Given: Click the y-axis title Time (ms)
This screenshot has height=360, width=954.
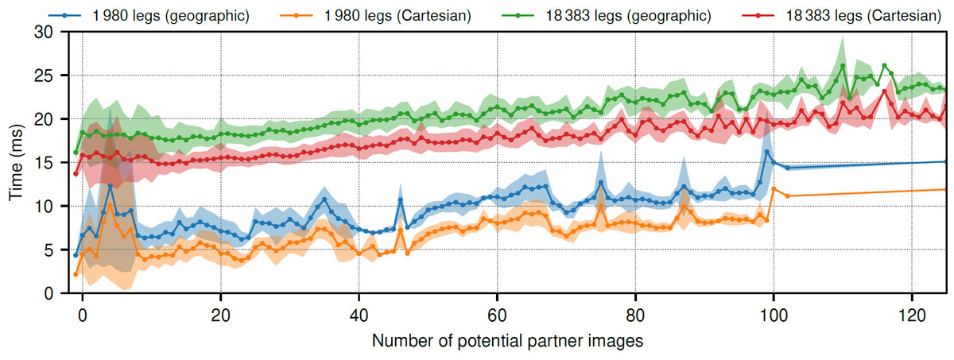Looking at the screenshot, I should [16, 163].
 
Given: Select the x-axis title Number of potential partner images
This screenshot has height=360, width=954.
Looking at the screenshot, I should [506, 342].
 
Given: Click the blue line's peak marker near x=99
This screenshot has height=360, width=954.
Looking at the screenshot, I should [766, 152].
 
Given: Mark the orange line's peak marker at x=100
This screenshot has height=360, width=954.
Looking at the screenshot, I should [773, 188].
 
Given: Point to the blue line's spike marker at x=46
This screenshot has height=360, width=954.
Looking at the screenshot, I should [401, 199].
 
